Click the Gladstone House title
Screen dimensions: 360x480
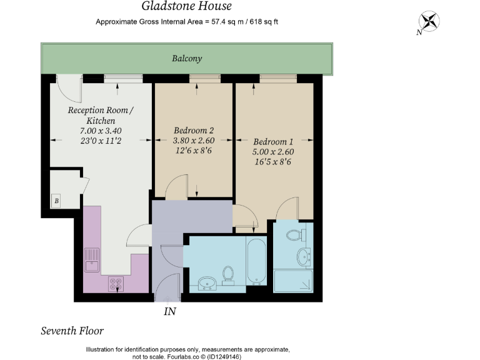click(186, 7)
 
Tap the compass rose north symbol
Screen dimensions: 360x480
click(429, 21)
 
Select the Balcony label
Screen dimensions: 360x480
click(187, 59)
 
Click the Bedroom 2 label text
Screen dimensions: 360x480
click(194, 131)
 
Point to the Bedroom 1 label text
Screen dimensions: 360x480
click(273, 141)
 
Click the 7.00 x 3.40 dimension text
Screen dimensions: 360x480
click(100, 131)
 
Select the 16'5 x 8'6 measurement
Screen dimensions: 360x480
click(273, 162)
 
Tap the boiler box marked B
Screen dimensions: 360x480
click(56, 201)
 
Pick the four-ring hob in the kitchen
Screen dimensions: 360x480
click(116, 284)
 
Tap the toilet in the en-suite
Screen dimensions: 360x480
click(294, 236)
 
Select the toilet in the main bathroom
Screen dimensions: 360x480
click(229, 275)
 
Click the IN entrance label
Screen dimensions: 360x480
click(169, 310)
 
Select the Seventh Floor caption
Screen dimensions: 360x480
click(72, 331)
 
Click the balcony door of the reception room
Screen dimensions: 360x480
click(69, 88)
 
